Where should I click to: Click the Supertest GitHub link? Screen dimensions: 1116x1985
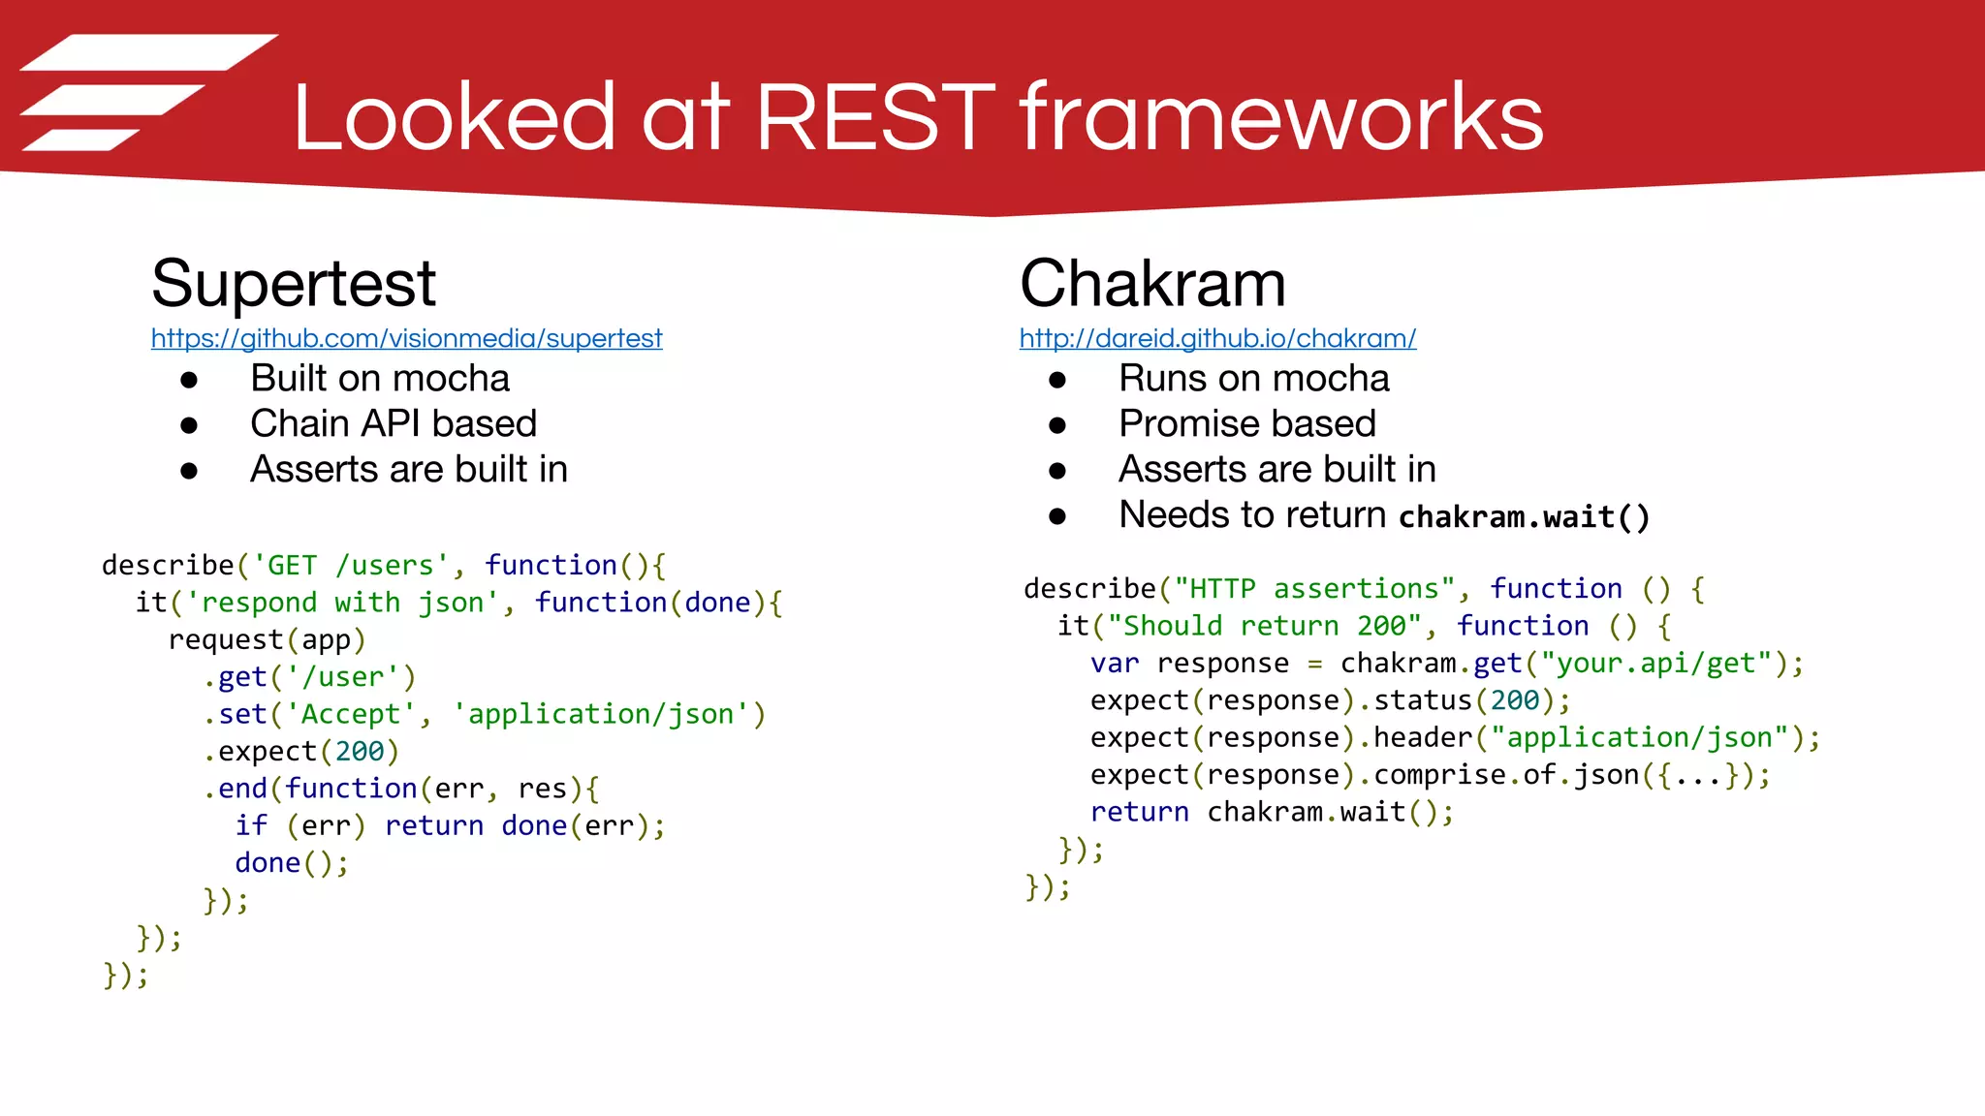click(406, 338)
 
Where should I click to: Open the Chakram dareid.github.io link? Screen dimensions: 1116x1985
click(1217, 338)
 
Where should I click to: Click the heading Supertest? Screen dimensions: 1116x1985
click(294, 284)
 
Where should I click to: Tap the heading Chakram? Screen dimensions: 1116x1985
click(1152, 284)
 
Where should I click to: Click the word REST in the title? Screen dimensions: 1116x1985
click(874, 118)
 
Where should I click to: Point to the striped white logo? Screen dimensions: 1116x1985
click(145, 93)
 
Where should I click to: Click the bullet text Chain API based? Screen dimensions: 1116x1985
click(393, 423)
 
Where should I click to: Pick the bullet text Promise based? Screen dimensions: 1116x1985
click(1246, 423)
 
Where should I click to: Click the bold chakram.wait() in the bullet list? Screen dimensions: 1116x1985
click(1524, 516)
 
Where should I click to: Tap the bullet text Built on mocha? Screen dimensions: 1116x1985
click(379, 378)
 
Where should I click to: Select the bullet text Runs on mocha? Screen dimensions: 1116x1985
click(1253, 378)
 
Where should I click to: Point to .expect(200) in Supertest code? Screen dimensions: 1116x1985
click(301, 751)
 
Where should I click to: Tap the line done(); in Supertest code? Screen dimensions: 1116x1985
click(291, 862)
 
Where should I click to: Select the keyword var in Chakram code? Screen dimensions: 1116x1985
click(1115, 664)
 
